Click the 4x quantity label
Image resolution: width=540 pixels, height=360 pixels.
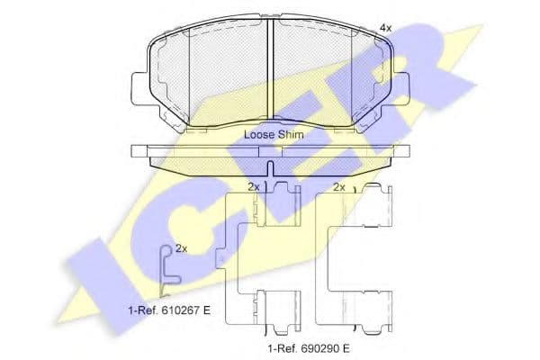click(x=386, y=28)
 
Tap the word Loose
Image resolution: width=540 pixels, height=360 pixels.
click(x=260, y=134)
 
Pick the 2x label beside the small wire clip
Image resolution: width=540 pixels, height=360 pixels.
click(x=181, y=247)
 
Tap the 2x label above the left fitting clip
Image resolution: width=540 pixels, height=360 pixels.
click(x=254, y=187)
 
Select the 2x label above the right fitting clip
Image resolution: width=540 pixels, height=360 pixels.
click(x=339, y=187)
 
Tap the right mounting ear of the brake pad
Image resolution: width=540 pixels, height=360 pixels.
click(x=403, y=86)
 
